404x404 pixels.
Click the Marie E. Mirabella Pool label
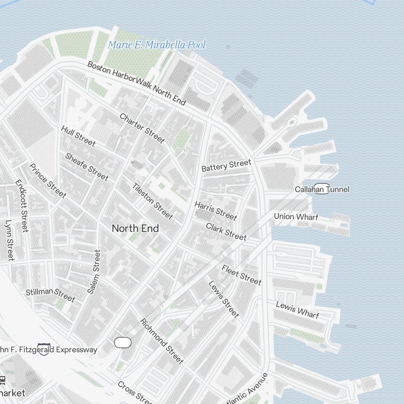[x=157, y=45]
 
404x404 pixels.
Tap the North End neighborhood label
[x=135, y=228]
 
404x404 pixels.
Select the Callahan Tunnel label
[x=322, y=189]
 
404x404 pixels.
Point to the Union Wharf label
[x=296, y=217]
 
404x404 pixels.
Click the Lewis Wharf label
[x=297, y=309]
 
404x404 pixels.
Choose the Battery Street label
[x=226, y=166]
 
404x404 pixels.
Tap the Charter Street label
[x=142, y=128]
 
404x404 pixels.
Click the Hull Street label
[x=78, y=136]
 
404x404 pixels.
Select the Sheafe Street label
[x=86, y=166]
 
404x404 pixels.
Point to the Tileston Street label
[x=153, y=201]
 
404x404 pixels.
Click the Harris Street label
[x=215, y=211]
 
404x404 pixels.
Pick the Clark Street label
[x=226, y=231]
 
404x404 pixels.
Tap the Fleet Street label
[x=242, y=275]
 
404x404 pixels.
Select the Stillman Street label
[x=50, y=295]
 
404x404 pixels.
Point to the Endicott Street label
[x=22, y=206]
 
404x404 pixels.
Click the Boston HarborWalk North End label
[x=137, y=83]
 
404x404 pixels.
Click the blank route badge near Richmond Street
[x=123, y=343]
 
